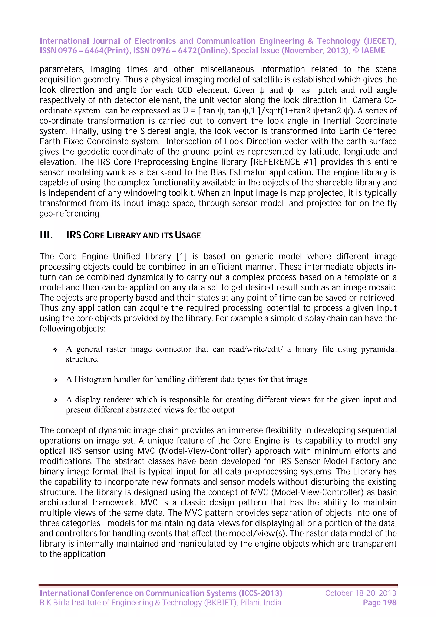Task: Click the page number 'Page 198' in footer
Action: coord(379,603)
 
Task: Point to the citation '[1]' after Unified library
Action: coord(181,256)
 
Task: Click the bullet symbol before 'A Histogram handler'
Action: coord(55,380)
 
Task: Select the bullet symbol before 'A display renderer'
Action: coord(55,400)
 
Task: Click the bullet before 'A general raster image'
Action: coord(55,350)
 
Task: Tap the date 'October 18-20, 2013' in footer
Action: coord(360,593)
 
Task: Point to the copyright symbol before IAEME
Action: coord(356,50)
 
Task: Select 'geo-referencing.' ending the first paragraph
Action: coord(70,214)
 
